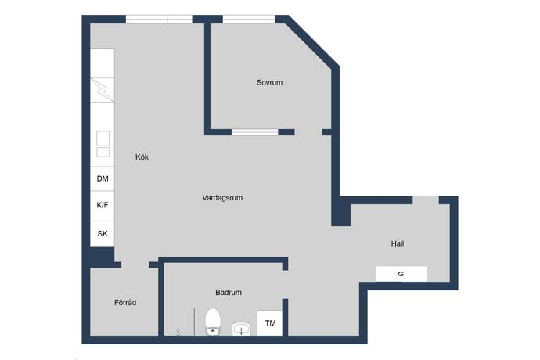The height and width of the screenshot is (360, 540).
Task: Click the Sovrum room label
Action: point(269,83)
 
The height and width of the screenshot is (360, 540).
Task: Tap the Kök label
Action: point(142,157)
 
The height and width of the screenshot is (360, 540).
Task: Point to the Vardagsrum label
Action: point(222,198)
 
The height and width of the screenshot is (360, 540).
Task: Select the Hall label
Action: point(398,243)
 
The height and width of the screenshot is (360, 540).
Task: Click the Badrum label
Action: point(229,293)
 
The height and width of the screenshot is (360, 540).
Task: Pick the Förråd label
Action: point(125,302)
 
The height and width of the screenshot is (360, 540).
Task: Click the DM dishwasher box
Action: point(103,178)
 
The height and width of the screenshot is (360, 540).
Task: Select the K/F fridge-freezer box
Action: point(103,206)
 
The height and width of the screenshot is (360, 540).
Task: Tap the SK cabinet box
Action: point(103,233)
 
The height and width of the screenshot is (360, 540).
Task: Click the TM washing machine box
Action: point(270,323)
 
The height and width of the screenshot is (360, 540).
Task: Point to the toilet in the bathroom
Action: point(213,322)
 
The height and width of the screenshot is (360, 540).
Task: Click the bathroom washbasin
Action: point(241,329)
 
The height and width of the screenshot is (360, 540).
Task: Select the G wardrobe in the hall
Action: point(401,274)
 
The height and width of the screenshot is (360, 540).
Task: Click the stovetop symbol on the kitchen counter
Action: point(102,89)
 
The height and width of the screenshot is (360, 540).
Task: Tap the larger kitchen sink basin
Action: point(103,139)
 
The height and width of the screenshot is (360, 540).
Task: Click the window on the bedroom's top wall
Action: point(249,19)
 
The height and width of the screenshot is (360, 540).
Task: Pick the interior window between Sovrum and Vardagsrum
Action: point(255,132)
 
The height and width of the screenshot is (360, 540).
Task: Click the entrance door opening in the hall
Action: point(426,200)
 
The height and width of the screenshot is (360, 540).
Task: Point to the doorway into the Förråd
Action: point(135,265)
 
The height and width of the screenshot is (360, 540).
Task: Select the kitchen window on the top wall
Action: point(159,19)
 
